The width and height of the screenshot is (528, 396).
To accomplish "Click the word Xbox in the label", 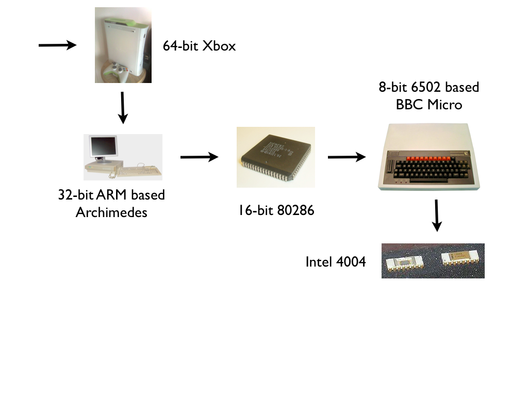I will point(219,46).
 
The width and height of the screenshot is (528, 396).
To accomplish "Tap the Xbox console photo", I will point(123,45).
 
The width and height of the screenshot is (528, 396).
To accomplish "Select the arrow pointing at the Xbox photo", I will point(57,45).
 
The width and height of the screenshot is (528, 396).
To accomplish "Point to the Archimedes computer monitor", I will point(102,149).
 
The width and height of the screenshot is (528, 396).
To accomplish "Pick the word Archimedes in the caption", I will point(111,212).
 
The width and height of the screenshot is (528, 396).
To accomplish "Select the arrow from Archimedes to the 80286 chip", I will point(199,157).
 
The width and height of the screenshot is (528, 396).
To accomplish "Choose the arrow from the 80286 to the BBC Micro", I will point(346,157).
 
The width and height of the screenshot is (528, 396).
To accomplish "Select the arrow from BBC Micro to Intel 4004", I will point(437,215).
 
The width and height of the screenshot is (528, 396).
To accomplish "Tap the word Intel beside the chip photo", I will point(317,262).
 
